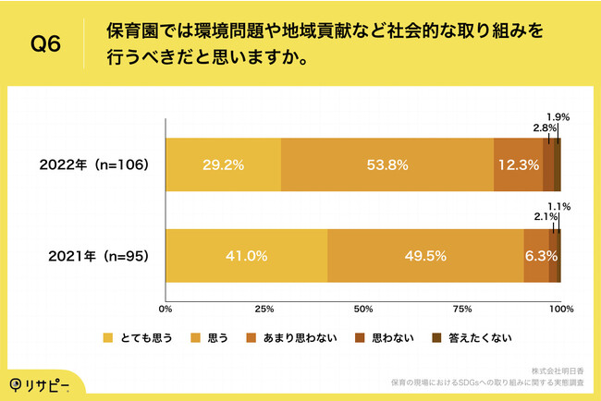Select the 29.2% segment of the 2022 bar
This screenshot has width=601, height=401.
click(223, 165)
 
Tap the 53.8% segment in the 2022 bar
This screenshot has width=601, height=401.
click(387, 165)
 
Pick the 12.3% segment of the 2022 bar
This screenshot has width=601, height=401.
click(518, 165)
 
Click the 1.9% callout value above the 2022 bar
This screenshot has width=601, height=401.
click(558, 117)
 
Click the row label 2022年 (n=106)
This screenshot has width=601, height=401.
click(94, 165)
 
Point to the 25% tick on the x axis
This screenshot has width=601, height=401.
click(264, 308)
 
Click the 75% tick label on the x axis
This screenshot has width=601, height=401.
click(461, 308)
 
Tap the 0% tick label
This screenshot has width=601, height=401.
click(166, 308)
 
